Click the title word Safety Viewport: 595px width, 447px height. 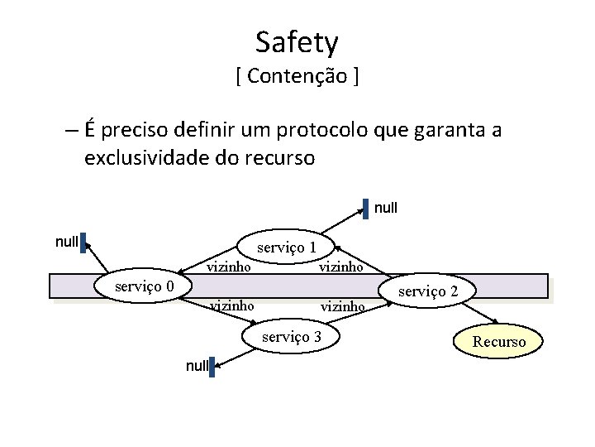[297, 41]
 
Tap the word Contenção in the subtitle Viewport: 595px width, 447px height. [297, 77]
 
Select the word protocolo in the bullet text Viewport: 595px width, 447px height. [316, 131]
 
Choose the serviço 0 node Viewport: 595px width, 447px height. [144, 286]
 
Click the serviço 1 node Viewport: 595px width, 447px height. [286, 247]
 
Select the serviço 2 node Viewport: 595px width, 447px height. [428, 291]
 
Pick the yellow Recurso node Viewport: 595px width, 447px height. [498, 341]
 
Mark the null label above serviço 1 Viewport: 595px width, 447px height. [386, 208]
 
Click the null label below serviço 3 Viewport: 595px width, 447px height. [195, 365]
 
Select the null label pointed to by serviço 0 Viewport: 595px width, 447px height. [66, 242]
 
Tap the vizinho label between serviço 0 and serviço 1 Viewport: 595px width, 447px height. [229, 267]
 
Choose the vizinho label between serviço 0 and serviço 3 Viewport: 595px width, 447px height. [231, 305]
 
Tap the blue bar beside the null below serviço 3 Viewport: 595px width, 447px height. [212, 367]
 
